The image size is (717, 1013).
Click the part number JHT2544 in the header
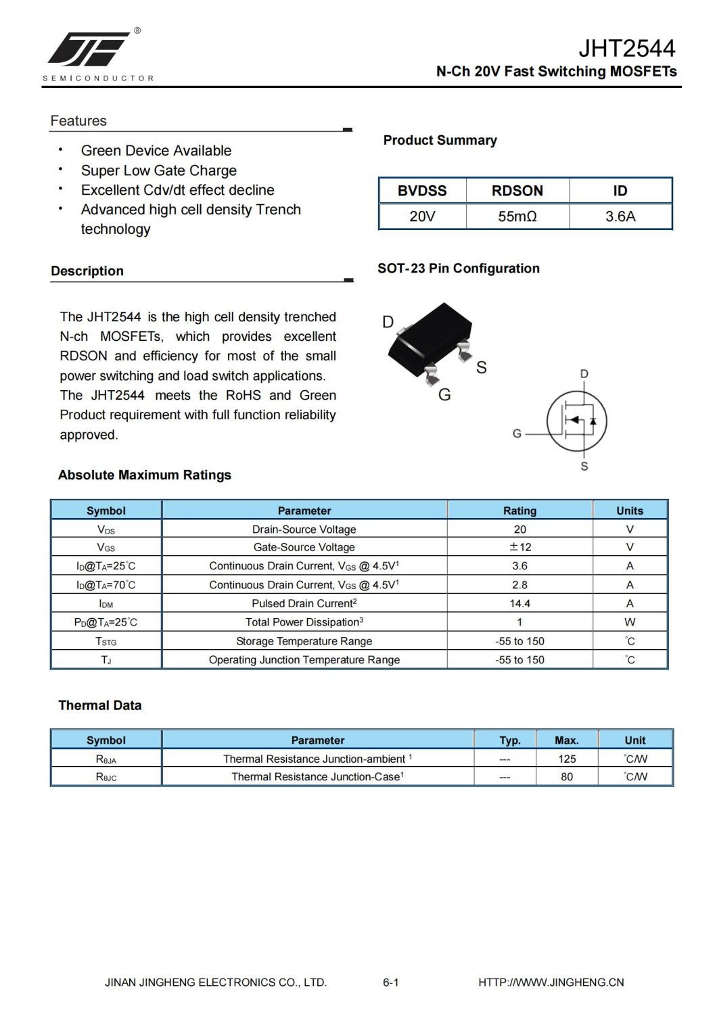626,48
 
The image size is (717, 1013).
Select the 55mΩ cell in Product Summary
517,217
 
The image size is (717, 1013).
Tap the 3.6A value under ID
620,217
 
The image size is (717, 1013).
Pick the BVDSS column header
422,191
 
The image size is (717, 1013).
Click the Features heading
78,121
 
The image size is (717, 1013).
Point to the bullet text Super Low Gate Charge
159,170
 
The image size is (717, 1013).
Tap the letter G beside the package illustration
444,395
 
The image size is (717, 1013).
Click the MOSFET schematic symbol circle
576,421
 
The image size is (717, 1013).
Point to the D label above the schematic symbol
584,374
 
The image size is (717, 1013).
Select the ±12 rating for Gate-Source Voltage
519,547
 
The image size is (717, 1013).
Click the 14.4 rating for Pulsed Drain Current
519,603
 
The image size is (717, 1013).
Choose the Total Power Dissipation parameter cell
304,622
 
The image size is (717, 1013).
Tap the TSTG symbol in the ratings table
106,641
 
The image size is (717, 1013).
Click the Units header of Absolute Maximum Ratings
630,511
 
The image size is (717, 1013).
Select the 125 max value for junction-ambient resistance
567,759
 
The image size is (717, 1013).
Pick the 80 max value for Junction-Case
567,777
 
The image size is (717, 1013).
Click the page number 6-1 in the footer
391,983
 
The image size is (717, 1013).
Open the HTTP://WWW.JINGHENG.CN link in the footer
551,983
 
